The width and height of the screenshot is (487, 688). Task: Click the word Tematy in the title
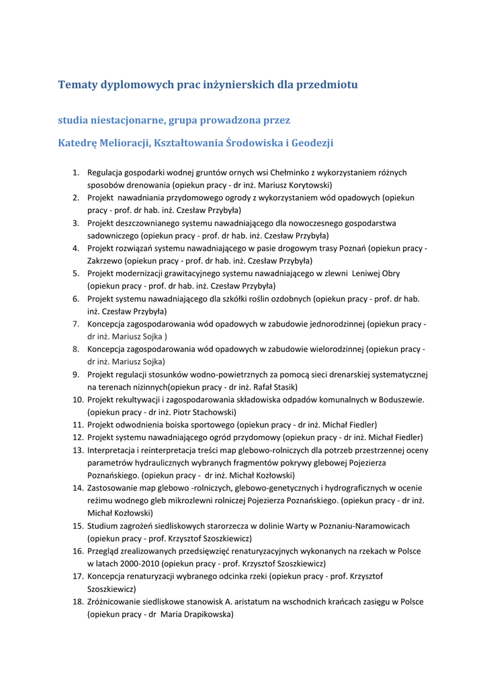pos(78,85)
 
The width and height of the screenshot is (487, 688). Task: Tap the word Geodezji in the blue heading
pos(310,143)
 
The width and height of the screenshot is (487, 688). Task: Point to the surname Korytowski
pos(304,185)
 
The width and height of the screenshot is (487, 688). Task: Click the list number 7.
pos(77,324)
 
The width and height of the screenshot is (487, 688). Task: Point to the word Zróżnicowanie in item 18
pos(116,601)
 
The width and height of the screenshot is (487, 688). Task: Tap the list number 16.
pos(78,551)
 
